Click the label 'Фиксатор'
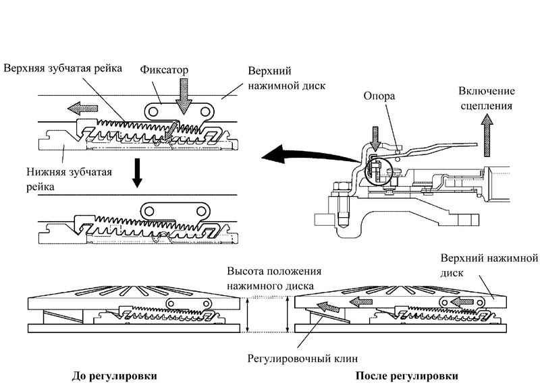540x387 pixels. tap(165, 69)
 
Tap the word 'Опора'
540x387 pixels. tap(379, 96)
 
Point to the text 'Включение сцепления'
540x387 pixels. tap(486, 98)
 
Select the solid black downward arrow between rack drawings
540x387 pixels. tap(137, 173)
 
